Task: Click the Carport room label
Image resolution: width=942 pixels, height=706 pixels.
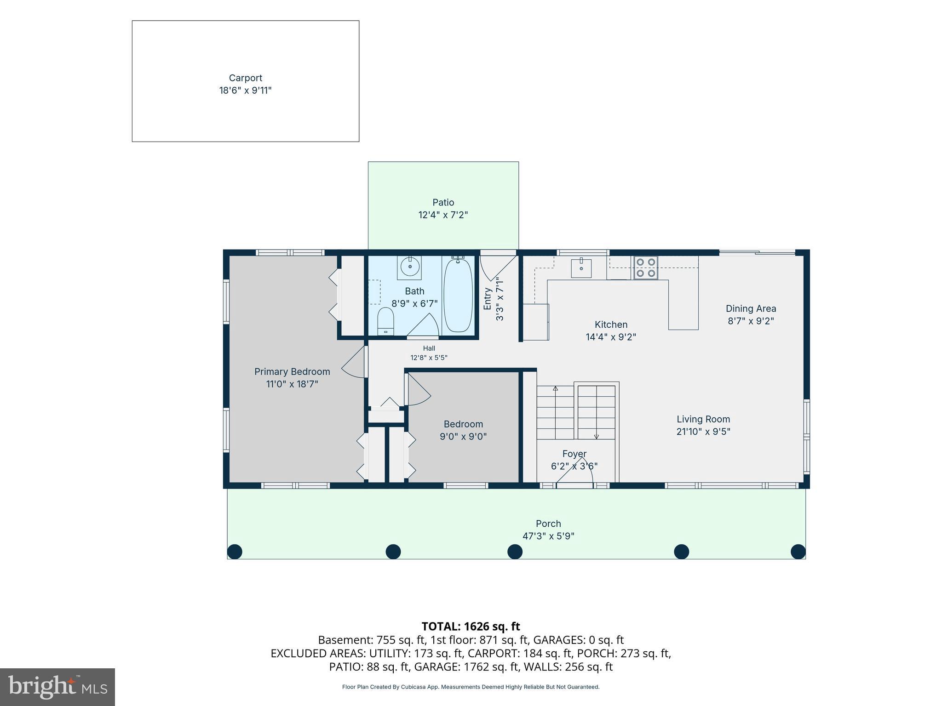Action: pyautogui.click(x=246, y=78)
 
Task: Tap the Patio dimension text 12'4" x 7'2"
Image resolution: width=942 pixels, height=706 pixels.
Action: pyautogui.click(x=443, y=215)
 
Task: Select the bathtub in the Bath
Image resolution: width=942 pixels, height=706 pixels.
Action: pyautogui.click(x=458, y=296)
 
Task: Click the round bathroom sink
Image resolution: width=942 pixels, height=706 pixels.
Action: pyautogui.click(x=409, y=267)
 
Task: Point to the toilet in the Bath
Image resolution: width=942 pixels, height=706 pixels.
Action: pyautogui.click(x=385, y=321)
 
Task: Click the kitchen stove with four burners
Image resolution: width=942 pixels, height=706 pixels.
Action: pyautogui.click(x=645, y=268)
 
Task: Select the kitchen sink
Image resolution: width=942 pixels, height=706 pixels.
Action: pyautogui.click(x=581, y=268)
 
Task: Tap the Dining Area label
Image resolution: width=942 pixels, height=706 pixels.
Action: pyautogui.click(x=751, y=308)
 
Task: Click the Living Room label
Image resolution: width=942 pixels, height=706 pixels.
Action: pyautogui.click(x=703, y=419)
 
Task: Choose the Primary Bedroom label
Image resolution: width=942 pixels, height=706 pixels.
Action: pyautogui.click(x=292, y=371)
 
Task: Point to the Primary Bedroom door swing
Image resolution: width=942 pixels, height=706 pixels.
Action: pyautogui.click(x=355, y=362)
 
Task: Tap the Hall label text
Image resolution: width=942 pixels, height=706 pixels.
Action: pyautogui.click(x=429, y=348)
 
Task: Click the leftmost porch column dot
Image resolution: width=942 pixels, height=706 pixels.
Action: pyautogui.click(x=235, y=551)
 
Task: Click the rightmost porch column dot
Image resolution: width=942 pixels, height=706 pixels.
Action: pyautogui.click(x=798, y=551)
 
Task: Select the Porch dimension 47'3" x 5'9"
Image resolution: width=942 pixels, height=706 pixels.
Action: pyautogui.click(x=548, y=536)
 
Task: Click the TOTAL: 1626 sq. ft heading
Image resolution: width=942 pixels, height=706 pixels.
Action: pyautogui.click(x=471, y=626)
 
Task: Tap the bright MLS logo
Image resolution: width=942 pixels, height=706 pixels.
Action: pyautogui.click(x=57, y=687)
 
